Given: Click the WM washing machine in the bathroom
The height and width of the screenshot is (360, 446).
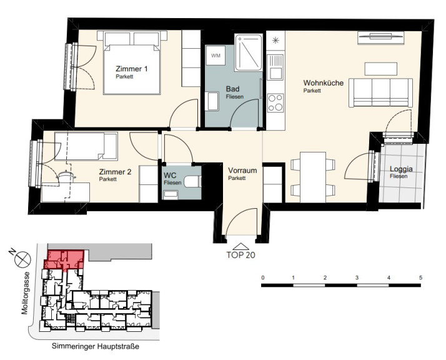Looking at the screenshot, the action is pyautogui.click(x=216, y=56).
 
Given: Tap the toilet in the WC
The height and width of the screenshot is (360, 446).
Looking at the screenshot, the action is pyautogui.click(x=192, y=182).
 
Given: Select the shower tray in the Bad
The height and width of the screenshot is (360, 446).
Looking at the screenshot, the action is pyautogui.click(x=249, y=52).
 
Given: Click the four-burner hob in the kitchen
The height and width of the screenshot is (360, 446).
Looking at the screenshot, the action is pyautogui.click(x=275, y=102).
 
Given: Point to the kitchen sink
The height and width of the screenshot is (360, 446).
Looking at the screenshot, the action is pyautogui.click(x=275, y=67).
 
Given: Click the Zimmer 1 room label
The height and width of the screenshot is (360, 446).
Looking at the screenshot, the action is pyautogui.click(x=132, y=69).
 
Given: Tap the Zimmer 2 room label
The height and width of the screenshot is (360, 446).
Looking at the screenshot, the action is pyautogui.click(x=115, y=172).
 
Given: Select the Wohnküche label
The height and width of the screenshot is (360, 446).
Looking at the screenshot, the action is pyautogui.click(x=324, y=83).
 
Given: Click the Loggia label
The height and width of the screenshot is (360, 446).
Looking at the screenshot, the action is pyautogui.click(x=401, y=169).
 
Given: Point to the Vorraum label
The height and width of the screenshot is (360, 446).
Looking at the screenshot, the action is pyautogui.click(x=242, y=171).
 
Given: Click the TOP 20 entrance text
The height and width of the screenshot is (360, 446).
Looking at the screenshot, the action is pyautogui.click(x=241, y=255).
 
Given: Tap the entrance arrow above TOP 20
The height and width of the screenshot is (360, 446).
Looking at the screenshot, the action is pyautogui.click(x=241, y=246).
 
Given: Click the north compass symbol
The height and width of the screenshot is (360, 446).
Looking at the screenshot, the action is pyautogui.click(x=22, y=259).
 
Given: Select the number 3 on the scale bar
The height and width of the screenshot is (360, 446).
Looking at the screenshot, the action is pyautogui.click(x=357, y=277).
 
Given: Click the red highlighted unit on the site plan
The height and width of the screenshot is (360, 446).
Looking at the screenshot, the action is pyautogui.click(x=64, y=259).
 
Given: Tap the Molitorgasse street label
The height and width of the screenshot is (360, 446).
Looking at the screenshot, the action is pyautogui.click(x=25, y=293).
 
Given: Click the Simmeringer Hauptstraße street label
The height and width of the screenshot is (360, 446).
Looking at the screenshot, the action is pyautogui.click(x=96, y=347).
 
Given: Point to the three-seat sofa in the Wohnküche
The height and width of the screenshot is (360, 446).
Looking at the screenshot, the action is pyautogui.click(x=380, y=92).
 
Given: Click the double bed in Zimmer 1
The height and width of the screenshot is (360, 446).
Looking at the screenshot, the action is pyautogui.click(x=132, y=62).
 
